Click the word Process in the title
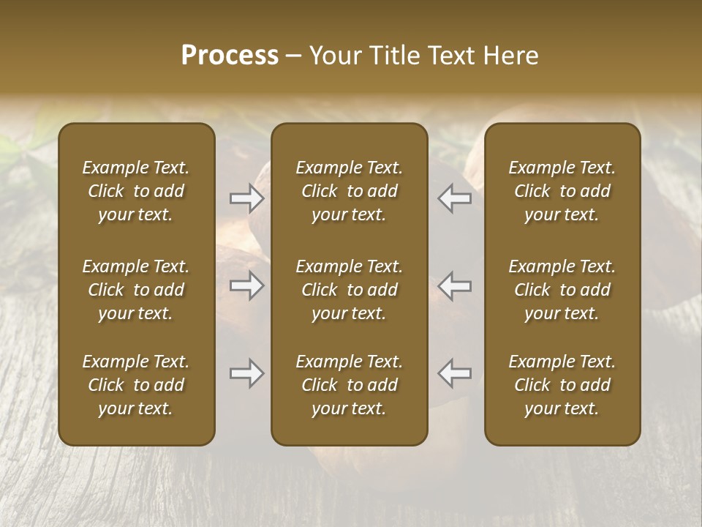(230, 56)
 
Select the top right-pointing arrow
(247, 198)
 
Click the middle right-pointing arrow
(247, 285)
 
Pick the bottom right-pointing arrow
(247, 373)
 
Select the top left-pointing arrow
(454, 198)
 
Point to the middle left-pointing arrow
(454, 285)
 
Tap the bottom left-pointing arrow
(454, 373)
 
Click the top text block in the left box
(136, 191)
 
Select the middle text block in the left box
(136, 290)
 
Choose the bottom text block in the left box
(136, 385)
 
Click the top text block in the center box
(349, 191)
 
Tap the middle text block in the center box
(349, 290)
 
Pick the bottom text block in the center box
(349, 385)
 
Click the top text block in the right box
(562, 191)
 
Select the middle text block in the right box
(562, 290)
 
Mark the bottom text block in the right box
(562, 385)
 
